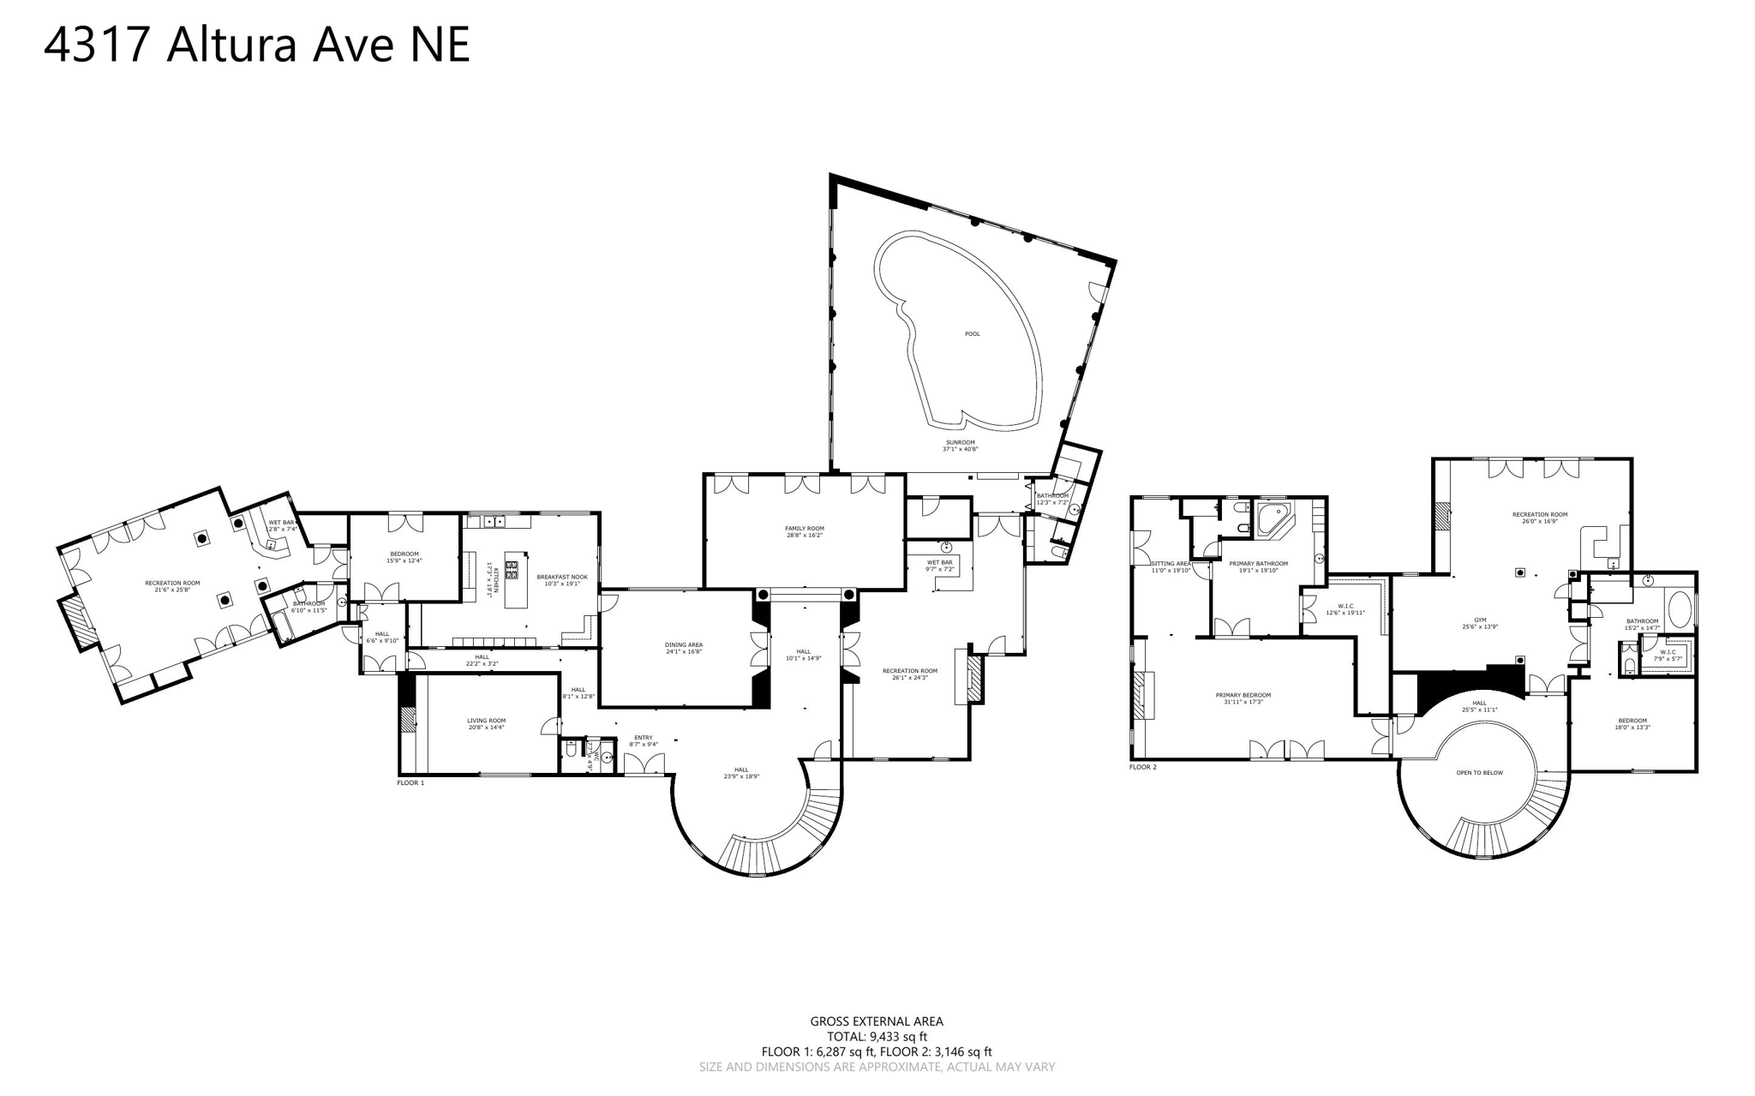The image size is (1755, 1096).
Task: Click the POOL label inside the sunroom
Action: point(972,334)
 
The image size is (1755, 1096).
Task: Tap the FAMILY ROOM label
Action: point(804,528)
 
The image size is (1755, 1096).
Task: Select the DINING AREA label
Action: point(684,644)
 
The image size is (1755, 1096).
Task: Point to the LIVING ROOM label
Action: point(486,721)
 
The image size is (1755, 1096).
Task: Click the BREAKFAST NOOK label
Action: point(562,577)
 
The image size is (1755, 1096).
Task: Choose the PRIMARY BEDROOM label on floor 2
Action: point(1243,695)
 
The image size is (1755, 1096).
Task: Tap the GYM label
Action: point(1480,620)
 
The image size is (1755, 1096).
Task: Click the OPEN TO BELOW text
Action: point(1480,773)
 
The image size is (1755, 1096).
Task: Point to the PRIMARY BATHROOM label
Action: point(1258,564)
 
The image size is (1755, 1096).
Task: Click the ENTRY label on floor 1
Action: point(644,738)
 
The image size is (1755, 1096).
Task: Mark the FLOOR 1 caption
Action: point(410,782)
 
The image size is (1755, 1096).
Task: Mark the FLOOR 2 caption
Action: point(1143,767)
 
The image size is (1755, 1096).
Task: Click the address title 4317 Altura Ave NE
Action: point(256,45)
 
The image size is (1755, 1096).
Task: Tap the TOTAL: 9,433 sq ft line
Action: point(877,1036)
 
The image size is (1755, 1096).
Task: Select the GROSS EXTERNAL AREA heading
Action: point(877,1021)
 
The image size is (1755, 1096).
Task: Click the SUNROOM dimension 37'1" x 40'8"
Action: point(961,449)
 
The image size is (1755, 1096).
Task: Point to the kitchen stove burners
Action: point(512,568)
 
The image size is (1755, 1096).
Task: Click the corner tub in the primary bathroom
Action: point(1274,519)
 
